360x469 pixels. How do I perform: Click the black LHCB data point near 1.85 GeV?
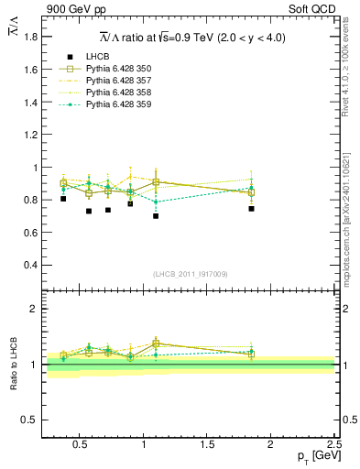(251, 208)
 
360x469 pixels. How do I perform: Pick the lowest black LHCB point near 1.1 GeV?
(156, 216)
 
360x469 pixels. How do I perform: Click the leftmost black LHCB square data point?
(63, 199)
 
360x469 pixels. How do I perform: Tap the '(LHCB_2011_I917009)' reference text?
(190, 274)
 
